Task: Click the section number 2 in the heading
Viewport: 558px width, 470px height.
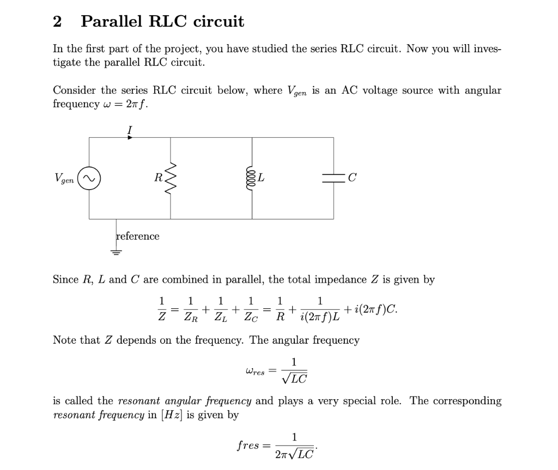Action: (57, 22)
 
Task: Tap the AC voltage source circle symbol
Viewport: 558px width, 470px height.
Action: (89, 178)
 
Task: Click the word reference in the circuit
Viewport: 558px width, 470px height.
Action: (138, 236)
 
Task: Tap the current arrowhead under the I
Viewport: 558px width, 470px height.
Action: (130, 138)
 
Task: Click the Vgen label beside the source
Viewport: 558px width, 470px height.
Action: (64, 178)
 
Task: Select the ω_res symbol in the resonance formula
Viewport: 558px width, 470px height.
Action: (255, 371)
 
